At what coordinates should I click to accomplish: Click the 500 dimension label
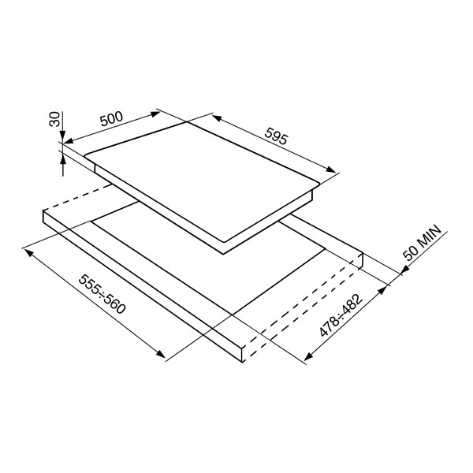coord(112,119)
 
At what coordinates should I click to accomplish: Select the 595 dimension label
coord(277,136)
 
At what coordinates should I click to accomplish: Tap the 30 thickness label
coord(54,119)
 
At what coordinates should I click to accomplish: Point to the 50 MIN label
coord(423,243)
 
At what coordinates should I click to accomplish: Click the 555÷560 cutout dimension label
coord(102,294)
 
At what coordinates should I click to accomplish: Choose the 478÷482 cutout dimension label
coord(341,315)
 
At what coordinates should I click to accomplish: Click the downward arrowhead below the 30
coord(62,135)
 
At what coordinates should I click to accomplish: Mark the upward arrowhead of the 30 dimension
coord(63,158)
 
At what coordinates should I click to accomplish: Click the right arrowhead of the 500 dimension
coord(155,114)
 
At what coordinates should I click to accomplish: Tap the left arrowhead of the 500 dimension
coord(69,141)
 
